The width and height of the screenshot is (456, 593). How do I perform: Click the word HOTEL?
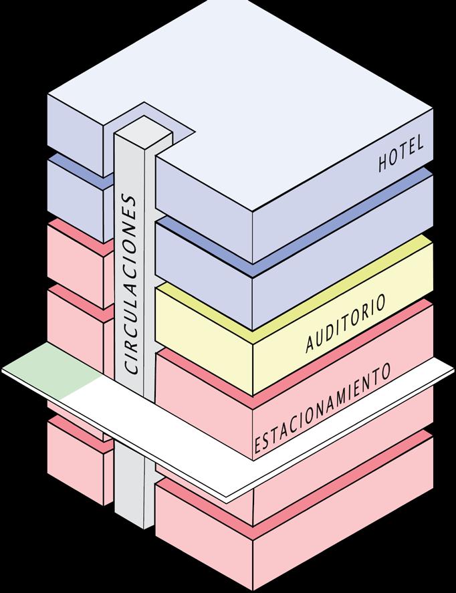click(402, 155)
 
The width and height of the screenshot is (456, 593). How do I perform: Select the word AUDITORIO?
click(346, 324)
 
